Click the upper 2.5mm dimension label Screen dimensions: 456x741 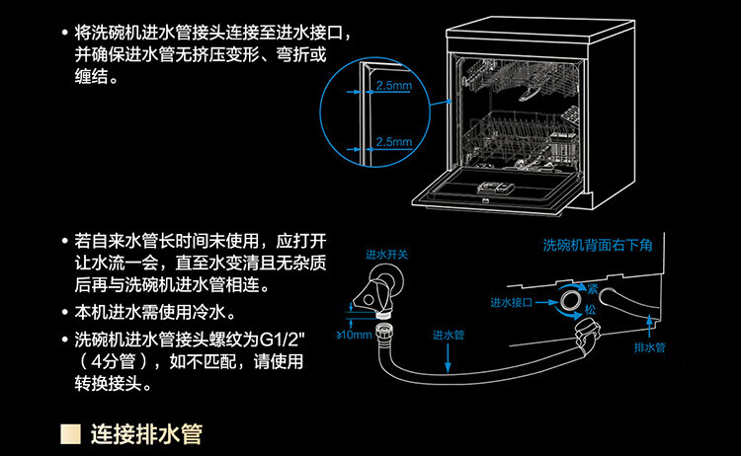click(394, 87)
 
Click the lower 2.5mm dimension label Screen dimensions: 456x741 click(394, 142)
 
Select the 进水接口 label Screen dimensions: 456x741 click(511, 302)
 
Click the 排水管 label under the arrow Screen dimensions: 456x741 click(648, 348)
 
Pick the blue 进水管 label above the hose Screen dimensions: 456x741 click(449, 337)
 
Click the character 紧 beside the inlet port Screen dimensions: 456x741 click(593, 287)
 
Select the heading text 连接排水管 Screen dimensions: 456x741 click(146, 433)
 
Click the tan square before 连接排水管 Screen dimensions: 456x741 click(70, 433)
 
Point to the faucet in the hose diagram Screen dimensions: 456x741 click(378, 285)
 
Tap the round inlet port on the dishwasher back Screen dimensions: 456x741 click(571, 297)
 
